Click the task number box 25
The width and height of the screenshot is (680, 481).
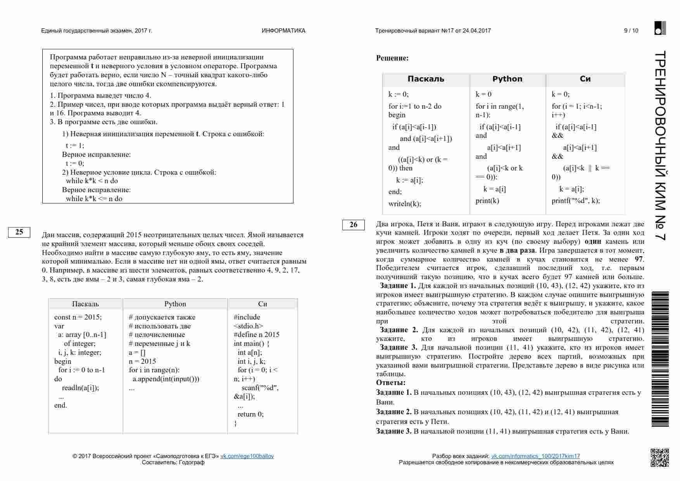(19, 232)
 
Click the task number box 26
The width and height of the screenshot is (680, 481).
(353, 225)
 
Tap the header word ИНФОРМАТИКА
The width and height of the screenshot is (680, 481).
(283, 31)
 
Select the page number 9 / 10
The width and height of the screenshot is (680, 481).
(631, 31)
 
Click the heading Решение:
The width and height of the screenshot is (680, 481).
(392, 58)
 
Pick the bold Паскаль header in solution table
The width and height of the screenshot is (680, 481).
(426, 79)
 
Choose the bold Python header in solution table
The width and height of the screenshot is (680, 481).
(507, 79)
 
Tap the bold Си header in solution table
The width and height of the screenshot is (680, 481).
(585, 79)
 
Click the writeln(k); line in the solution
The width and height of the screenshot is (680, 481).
(404, 204)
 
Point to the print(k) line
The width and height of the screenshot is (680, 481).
(487, 201)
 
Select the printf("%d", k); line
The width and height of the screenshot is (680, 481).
(575, 201)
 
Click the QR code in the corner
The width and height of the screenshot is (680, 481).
(659, 457)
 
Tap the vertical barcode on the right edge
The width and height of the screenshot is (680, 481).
(660, 359)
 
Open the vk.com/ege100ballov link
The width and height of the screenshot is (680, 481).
(247, 456)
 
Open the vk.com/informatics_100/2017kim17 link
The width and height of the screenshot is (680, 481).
(535, 456)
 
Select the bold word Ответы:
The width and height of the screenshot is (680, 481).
(391, 383)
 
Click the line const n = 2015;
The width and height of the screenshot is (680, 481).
(78, 317)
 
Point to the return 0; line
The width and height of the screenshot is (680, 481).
(250, 414)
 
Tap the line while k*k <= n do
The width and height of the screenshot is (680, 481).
(94, 199)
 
